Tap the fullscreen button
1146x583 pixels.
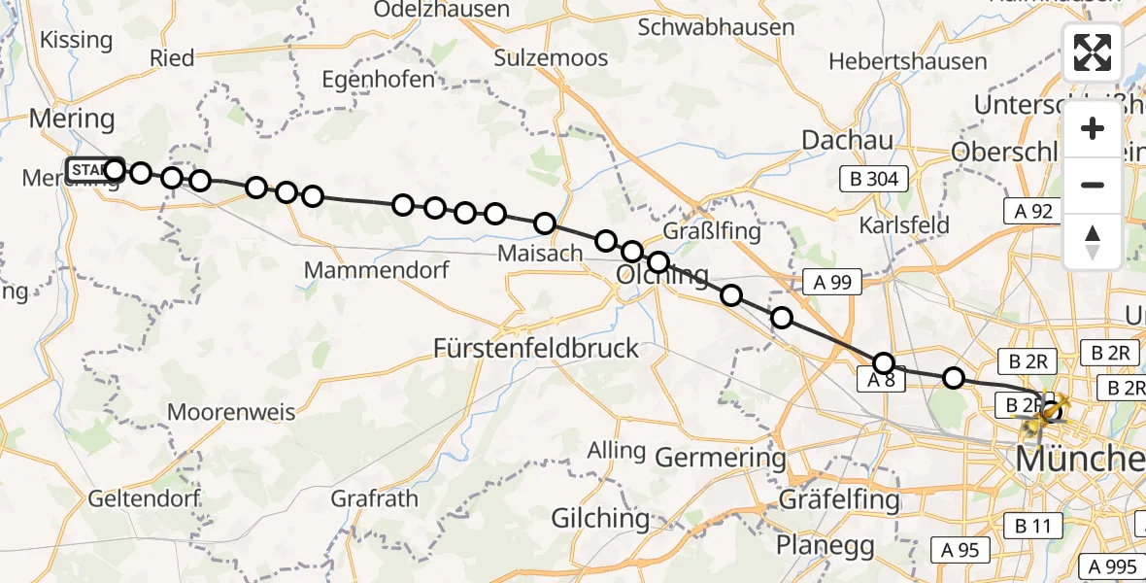[x=1093, y=52]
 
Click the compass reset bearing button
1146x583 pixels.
[x=1093, y=242]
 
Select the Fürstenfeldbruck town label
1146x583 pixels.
[x=536, y=348]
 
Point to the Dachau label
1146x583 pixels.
[x=847, y=140]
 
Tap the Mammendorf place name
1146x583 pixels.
[x=377, y=269]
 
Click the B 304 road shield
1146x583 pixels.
[x=876, y=179]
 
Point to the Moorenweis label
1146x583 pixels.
[x=231, y=412]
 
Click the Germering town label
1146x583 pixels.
[x=721, y=457]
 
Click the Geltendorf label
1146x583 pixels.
[x=144, y=498]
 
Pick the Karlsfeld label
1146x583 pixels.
[x=903, y=224]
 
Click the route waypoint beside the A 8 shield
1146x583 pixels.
[x=884, y=363]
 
